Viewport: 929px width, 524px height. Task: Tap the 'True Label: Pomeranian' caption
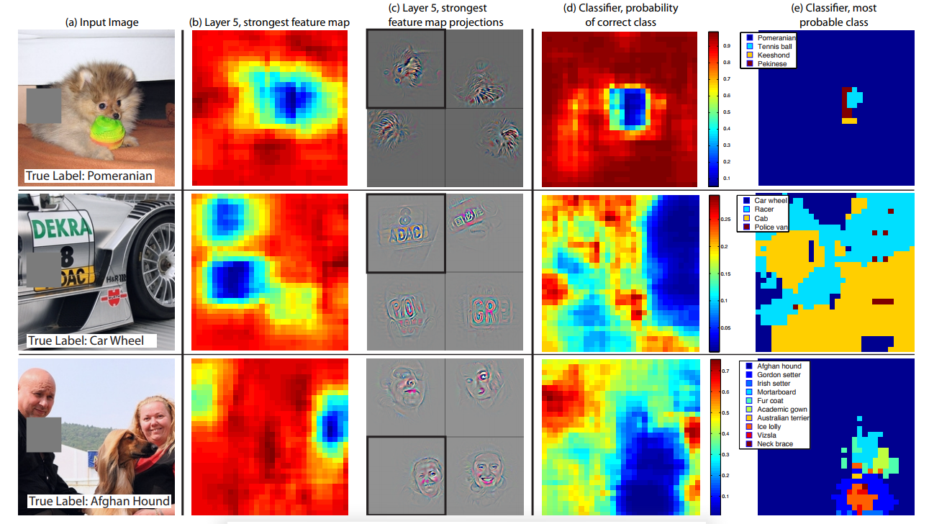click(x=89, y=176)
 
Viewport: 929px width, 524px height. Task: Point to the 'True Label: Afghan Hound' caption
click(x=99, y=501)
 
